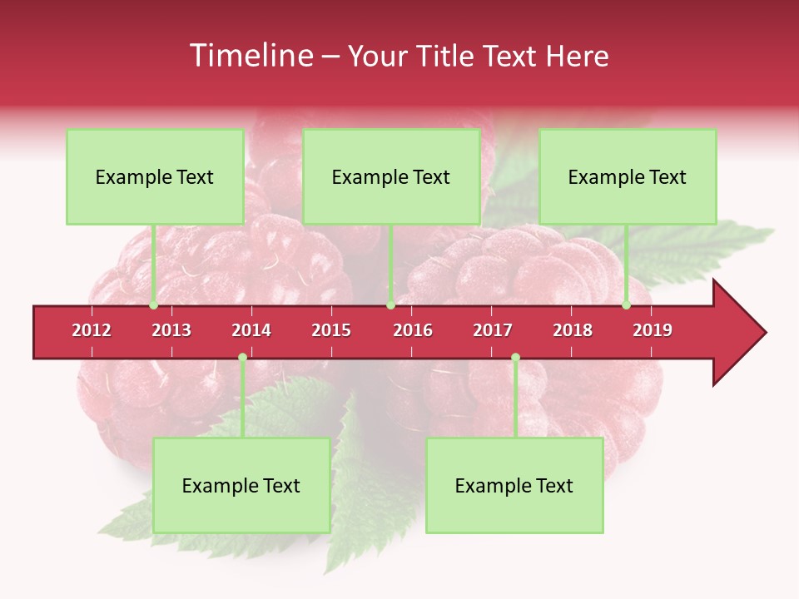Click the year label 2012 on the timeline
tap(92, 330)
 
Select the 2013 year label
tap(171, 330)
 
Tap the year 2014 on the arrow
tap(251, 330)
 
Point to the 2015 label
tap(331, 330)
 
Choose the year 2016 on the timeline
tap(413, 330)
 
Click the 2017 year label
tap(493, 330)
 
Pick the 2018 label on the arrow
tap(573, 330)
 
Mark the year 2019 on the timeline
tap(653, 330)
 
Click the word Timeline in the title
tap(250, 56)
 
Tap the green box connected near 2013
tap(155, 176)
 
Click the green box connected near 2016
tap(391, 176)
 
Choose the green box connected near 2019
tap(628, 176)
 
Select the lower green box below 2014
tap(241, 485)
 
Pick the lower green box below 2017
tap(514, 485)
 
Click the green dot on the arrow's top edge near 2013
tap(153, 305)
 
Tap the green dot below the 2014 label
tap(242, 358)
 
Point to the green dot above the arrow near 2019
tap(626, 305)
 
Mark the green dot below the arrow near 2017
tap(515, 358)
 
